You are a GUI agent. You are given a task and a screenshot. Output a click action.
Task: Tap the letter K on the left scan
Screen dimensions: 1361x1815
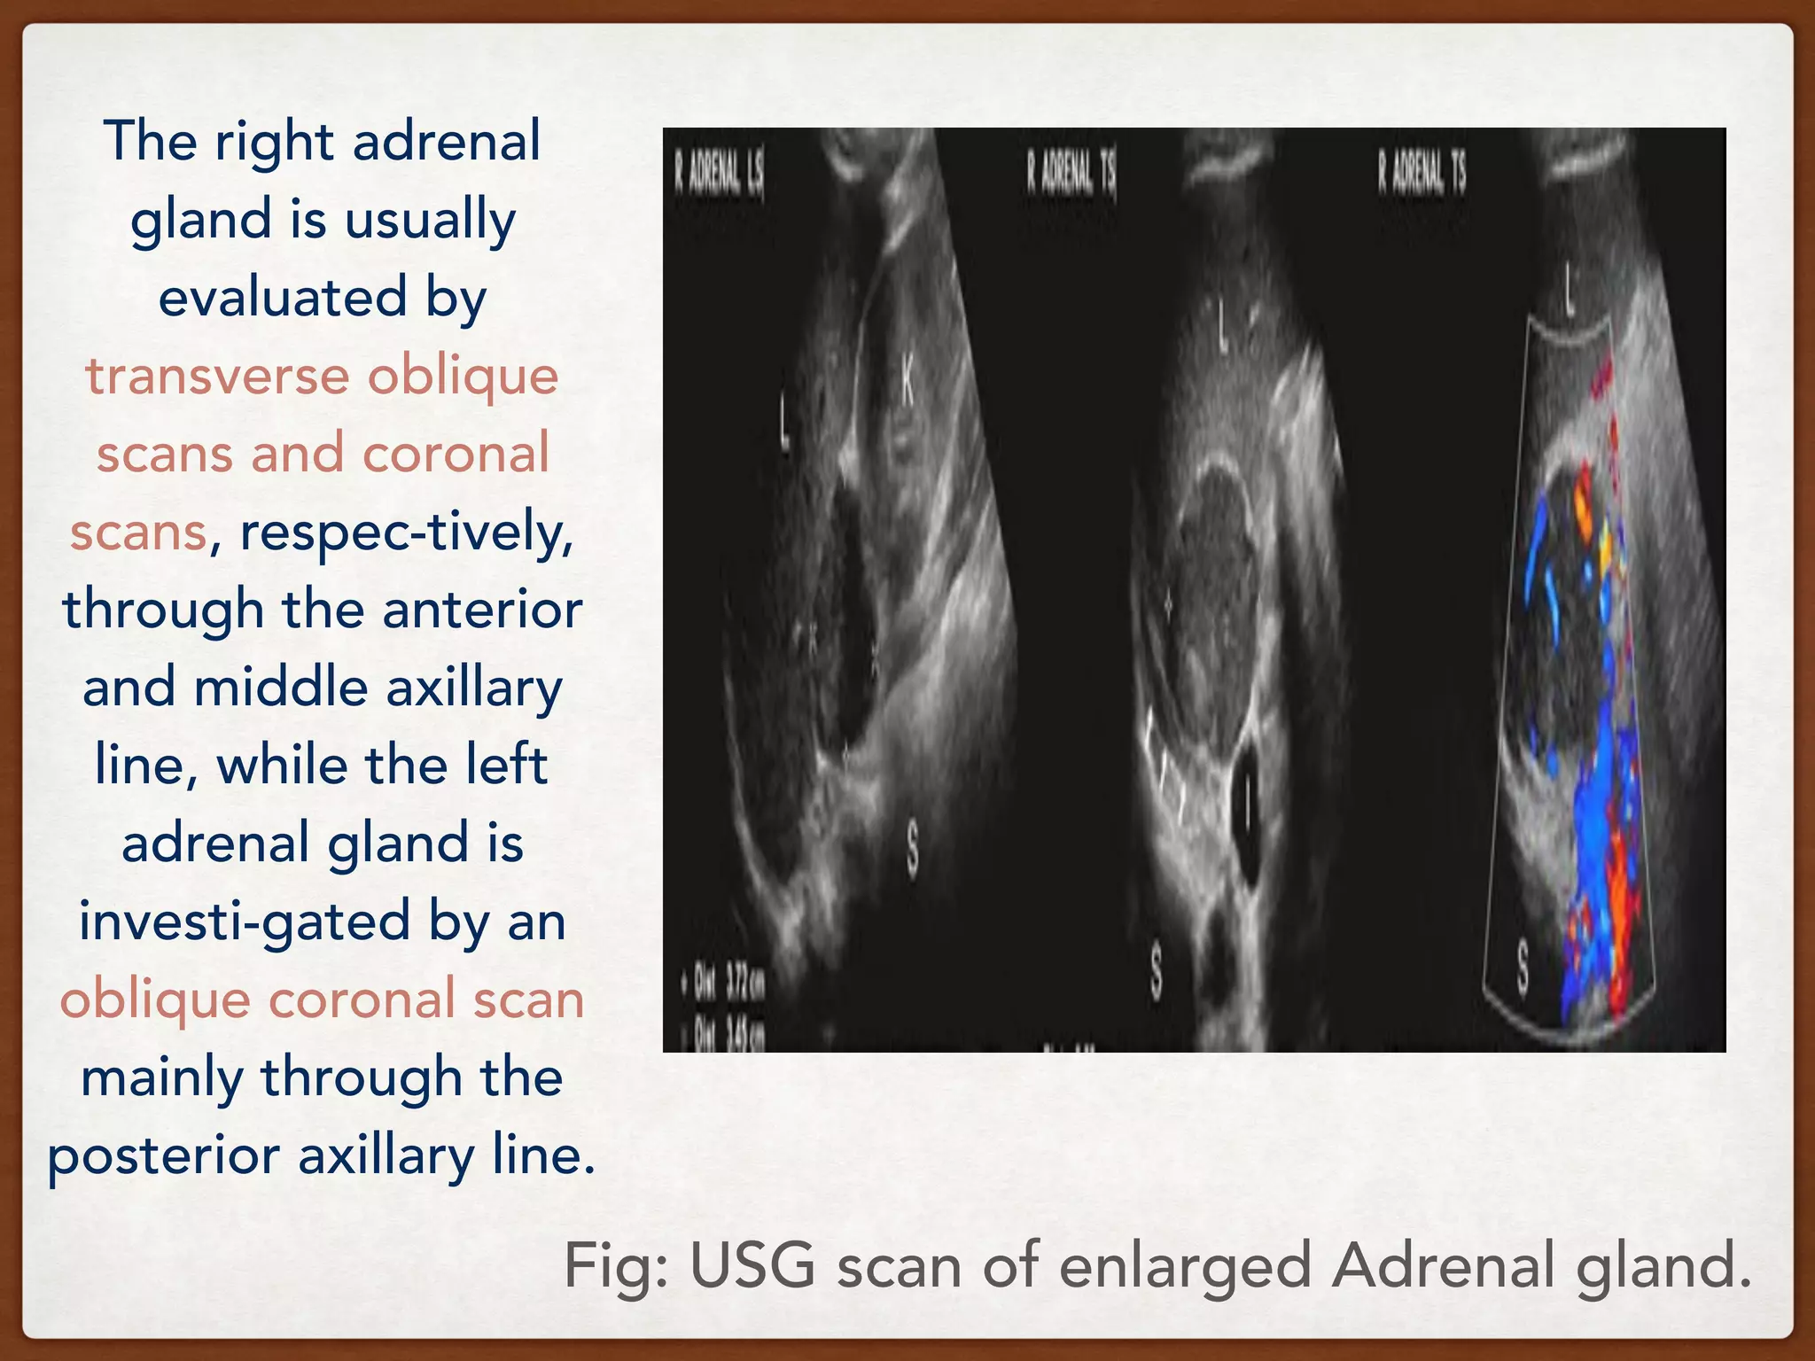(907, 383)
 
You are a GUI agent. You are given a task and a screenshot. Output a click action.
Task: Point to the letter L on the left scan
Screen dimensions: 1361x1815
(785, 429)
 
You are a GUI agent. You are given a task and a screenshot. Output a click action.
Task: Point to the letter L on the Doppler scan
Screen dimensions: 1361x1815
(1570, 289)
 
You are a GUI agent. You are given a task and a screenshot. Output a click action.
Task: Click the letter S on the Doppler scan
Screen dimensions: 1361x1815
(1523, 968)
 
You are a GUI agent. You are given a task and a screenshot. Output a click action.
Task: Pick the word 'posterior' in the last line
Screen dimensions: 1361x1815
(163, 1155)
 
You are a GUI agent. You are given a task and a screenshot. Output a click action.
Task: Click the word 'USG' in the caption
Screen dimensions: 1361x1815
(752, 1265)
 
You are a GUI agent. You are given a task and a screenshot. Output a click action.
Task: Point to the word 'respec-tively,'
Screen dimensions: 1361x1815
(407, 533)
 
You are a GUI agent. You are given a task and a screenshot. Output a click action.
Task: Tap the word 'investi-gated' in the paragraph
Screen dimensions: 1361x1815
(245, 922)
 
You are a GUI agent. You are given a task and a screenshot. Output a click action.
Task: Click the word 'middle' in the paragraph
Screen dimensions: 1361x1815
(281, 688)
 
